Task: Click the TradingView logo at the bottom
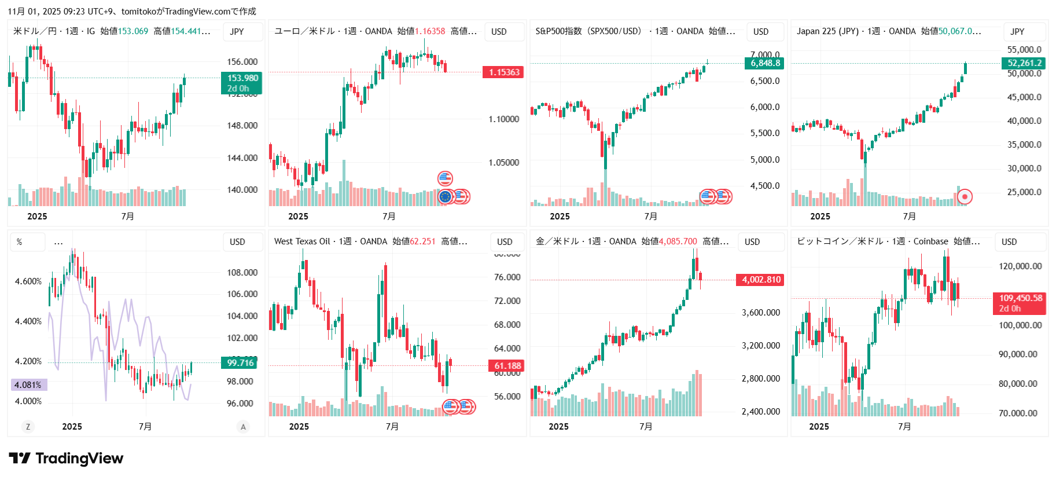pos(66,459)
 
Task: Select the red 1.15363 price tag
pos(503,72)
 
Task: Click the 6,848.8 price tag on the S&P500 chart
pos(765,63)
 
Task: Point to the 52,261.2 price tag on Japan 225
pos(1024,63)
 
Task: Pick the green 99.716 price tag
pos(240,363)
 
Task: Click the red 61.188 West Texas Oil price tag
pos(507,366)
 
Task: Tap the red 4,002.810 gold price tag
pos(761,280)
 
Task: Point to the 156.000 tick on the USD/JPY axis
pos(242,62)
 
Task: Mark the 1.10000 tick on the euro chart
pos(503,119)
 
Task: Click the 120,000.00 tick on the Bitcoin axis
pos(1020,266)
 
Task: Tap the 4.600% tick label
pos(28,281)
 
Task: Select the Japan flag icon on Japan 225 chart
pos(965,197)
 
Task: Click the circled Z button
pos(28,427)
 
